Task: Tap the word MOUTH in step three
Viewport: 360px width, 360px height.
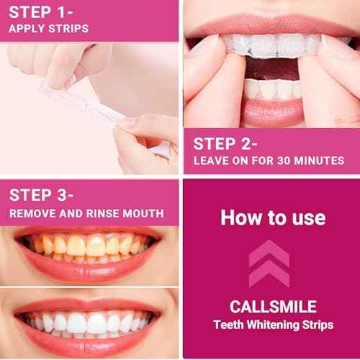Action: [146, 213]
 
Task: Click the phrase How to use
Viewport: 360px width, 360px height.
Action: [272, 217]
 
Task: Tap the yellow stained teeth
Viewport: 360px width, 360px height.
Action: [86, 248]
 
